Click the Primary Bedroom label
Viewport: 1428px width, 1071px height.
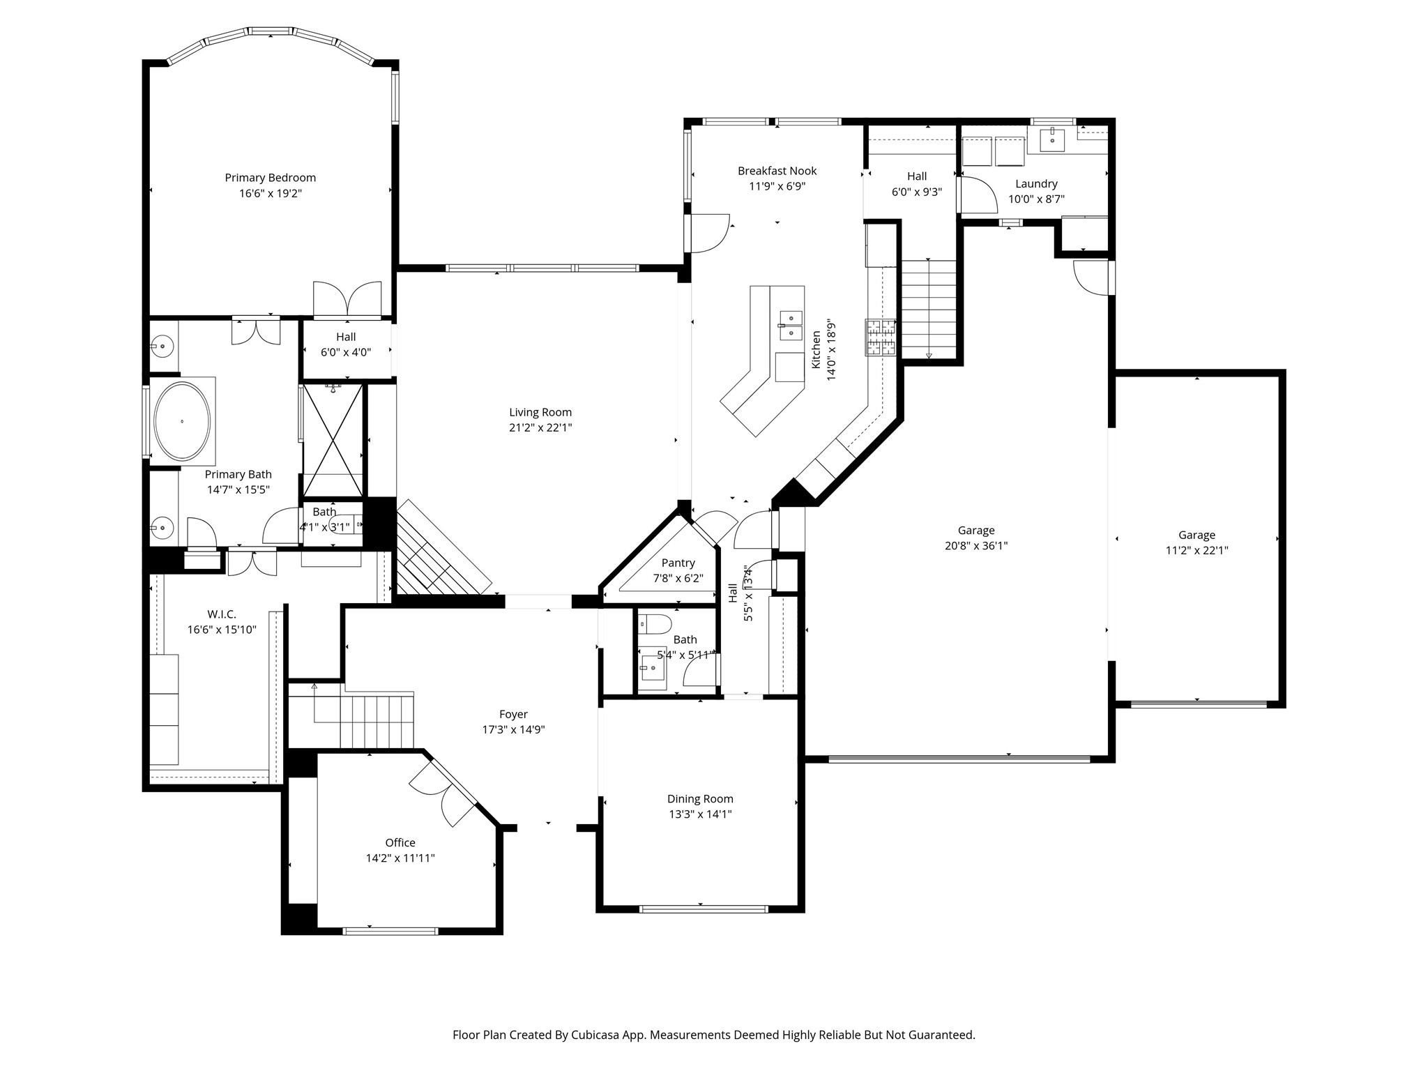pyautogui.click(x=270, y=178)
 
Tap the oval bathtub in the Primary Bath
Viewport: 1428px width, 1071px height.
pyautogui.click(x=182, y=421)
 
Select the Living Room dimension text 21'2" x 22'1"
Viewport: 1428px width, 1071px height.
pyautogui.click(x=540, y=427)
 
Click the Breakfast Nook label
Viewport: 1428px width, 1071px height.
pyautogui.click(x=777, y=171)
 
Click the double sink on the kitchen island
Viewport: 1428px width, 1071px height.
pyautogui.click(x=791, y=326)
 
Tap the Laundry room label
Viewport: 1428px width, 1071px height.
pyautogui.click(x=1036, y=184)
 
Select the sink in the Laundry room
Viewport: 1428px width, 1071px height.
pyautogui.click(x=1051, y=139)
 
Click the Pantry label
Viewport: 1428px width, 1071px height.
pyautogui.click(x=678, y=563)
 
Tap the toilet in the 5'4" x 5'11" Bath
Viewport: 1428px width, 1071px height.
pyautogui.click(x=656, y=623)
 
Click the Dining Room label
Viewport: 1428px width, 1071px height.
pyautogui.click(x=700, y=799)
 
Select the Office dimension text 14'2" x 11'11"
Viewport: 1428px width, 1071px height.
pyautogui.click(x=400, y=858)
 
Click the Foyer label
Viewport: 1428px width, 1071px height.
pyautogui.click(x=513, y=714)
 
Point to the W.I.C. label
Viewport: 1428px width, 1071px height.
pyautogui.click(x=222, y=614)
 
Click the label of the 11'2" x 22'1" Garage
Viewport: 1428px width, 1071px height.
pyautogui.click(x=1197, y=535)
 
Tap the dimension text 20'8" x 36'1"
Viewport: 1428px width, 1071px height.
pyautogui.click(x=975, y=546)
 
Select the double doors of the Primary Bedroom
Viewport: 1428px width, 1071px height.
pyautogui.click(x=347, y=300)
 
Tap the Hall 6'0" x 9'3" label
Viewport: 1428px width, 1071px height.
pyautogui.click(x=916, y=176)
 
